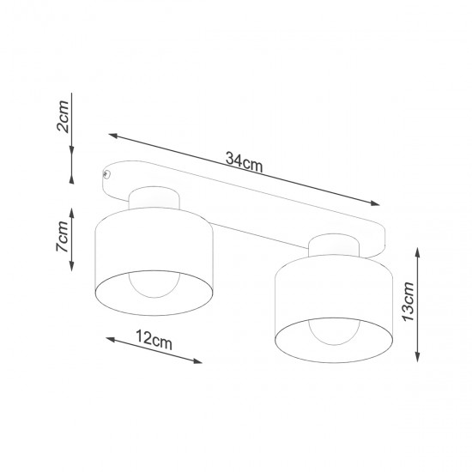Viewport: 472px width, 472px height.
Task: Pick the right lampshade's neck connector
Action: (x=334, y=245)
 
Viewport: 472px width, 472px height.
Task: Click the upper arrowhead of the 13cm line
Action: (x=418, y=249)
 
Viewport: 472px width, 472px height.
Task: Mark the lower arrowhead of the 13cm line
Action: (x=418, y=359)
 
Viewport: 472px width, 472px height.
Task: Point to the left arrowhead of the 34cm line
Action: (x=112, y=135)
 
